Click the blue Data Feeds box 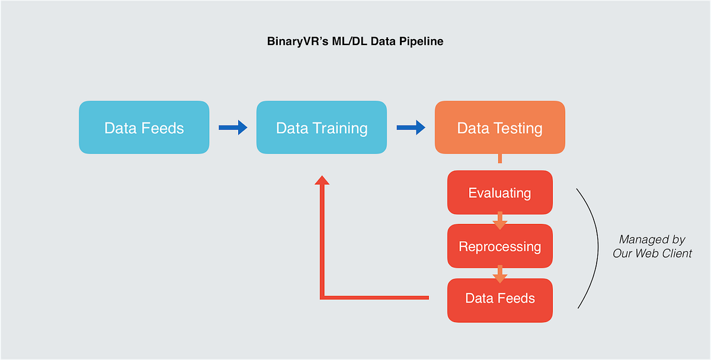pos(144,128)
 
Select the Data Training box pos(322,128)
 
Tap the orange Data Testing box pos(499,128)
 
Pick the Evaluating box pos(499,193)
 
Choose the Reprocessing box pos(499,246)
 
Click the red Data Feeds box pos(499,298)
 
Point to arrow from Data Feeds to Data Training pos(233,127)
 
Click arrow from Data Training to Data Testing pos(411,127)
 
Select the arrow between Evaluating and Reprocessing pos(499,220)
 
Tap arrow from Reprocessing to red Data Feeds pos(499,274)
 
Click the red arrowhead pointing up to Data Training pos(322,179)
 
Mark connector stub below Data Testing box pos(500,159)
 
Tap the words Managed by pos(652,240)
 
